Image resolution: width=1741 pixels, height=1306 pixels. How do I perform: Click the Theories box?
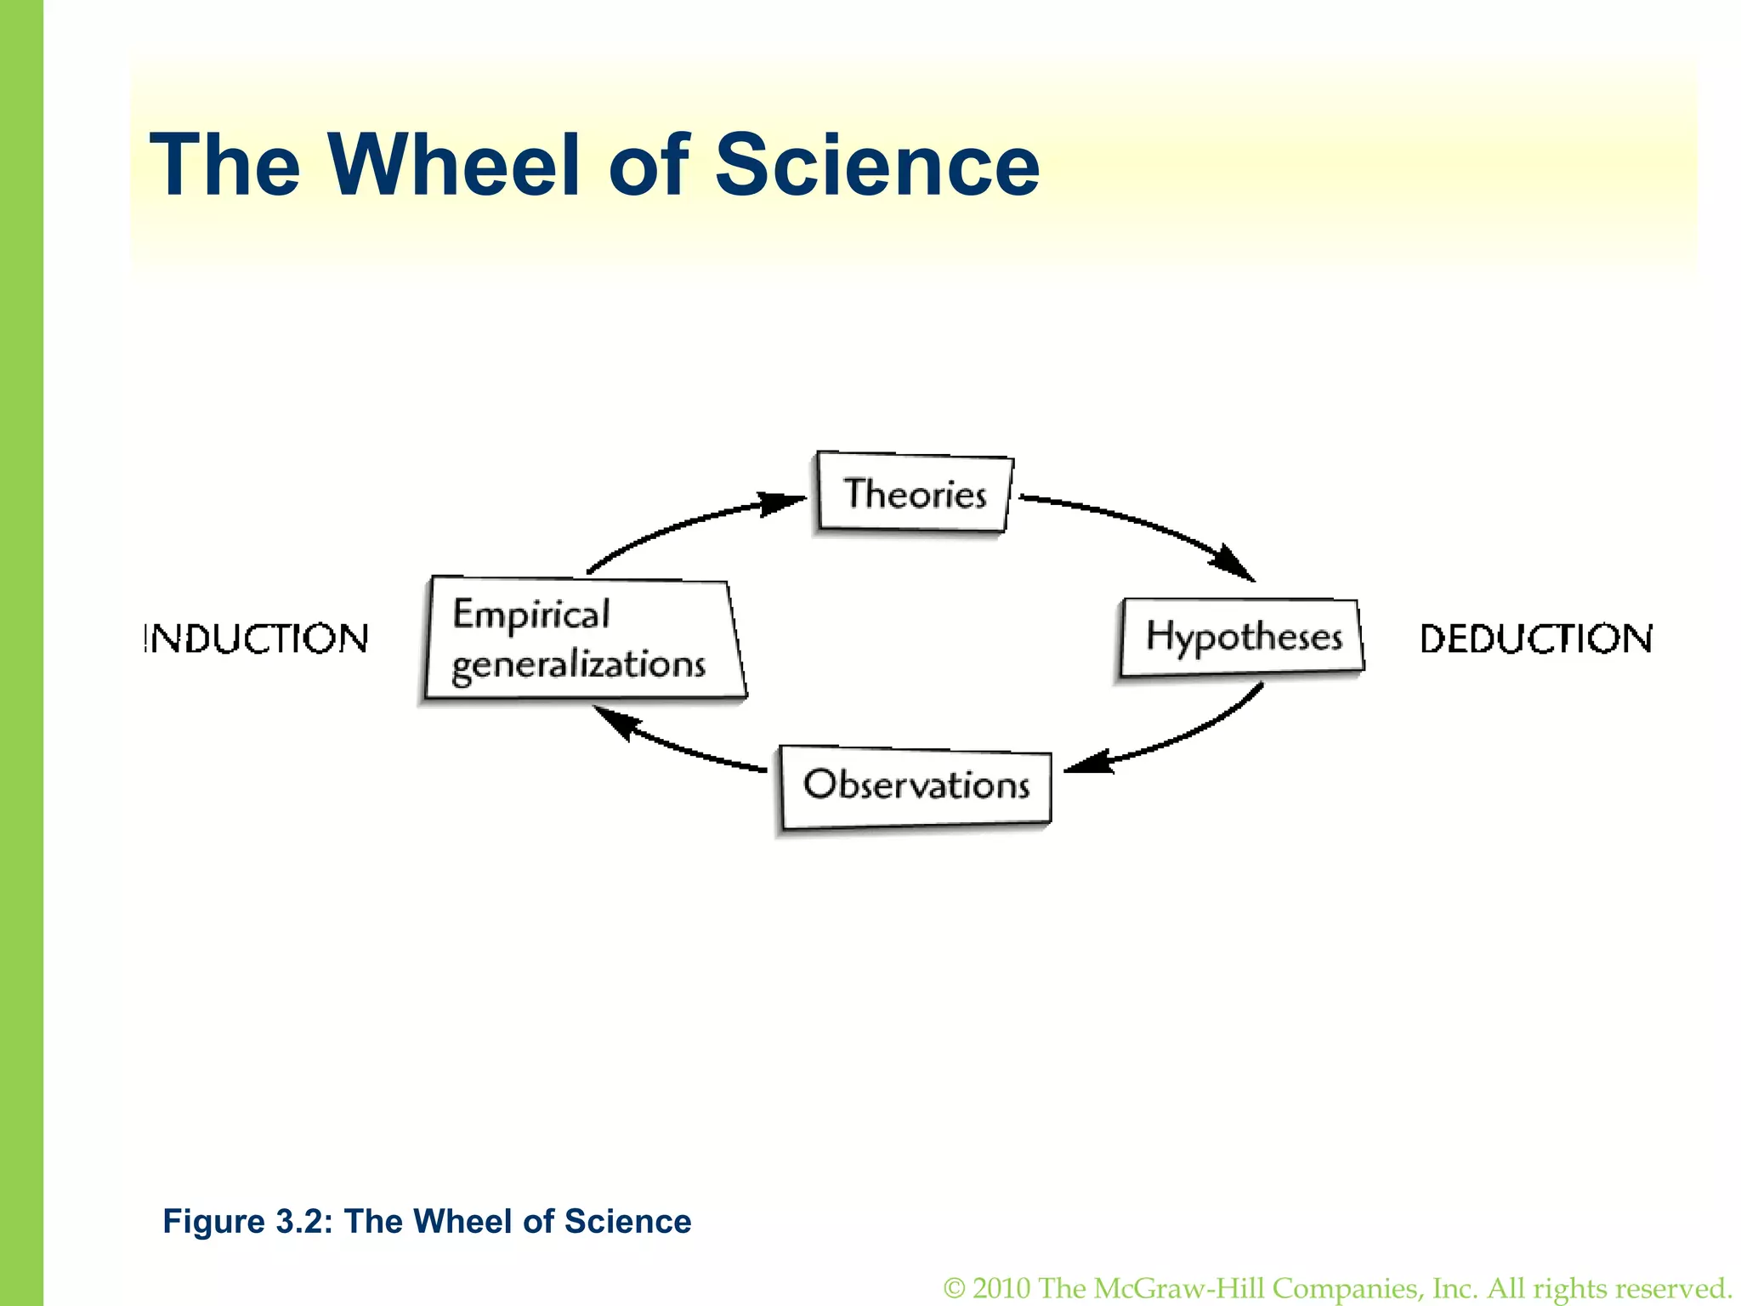pyautogui.click(x=915, y=493)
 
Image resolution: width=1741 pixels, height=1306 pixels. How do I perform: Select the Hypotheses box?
pyautogui.click(x=1242, y=638)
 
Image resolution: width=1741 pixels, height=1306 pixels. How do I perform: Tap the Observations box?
pyautogui.click(x=916, y=786)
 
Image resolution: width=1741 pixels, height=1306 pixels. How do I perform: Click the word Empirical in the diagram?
pyautogui.click(x=531, y=615)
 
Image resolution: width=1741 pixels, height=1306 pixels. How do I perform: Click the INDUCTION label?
pyautogui.click(x=256, y=639)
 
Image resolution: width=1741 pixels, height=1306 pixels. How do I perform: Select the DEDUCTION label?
pyautogui.click(x=1536, y=639)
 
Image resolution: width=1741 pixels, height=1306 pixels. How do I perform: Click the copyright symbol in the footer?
pyautogui.click(x=955, y=1288)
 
